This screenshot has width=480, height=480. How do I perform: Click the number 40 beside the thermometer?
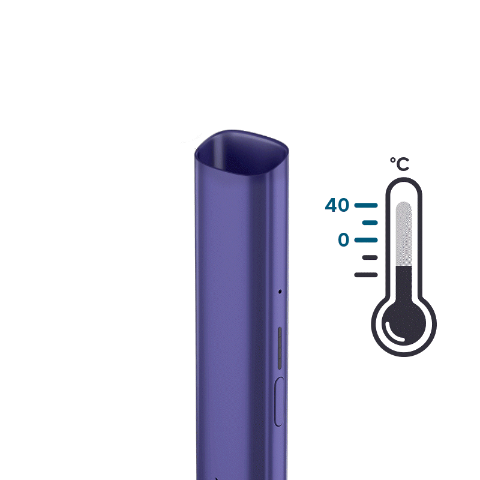click(x=337, y=205)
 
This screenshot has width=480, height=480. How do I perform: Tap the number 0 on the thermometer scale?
click(x=343, y=239)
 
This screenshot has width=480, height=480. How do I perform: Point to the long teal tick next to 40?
click(x=366, y=205)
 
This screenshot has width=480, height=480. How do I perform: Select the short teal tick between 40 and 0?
click(x=370, y=223)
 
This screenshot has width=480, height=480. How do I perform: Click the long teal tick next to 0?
click(x=366, y=240)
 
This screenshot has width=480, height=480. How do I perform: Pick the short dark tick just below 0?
click(x=370, y=257)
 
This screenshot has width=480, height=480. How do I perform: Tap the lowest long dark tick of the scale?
click(x=366, y=275)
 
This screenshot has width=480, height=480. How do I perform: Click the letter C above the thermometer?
click(x=403, y=164)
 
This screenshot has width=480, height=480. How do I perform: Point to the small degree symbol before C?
click(x=393, y=160)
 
